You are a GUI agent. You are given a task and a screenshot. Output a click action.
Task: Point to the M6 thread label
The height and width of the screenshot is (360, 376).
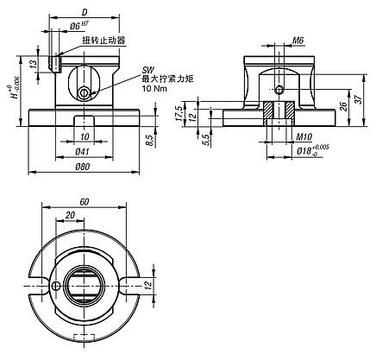[x=298, y=40]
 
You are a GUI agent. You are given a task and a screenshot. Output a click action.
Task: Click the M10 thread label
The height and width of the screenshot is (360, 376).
[x=301, y=136]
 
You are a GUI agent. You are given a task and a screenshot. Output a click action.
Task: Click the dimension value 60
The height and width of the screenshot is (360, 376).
[x=84, y=200]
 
